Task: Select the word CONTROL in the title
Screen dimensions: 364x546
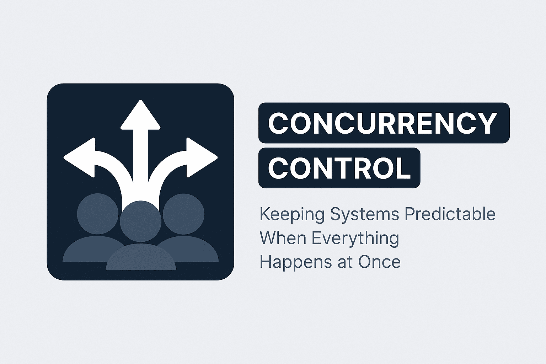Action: point(339,168)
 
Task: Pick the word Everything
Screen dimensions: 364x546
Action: point(355,239)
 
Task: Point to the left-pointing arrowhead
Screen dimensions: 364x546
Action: point(80,157)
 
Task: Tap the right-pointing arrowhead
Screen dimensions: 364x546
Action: point(202,157)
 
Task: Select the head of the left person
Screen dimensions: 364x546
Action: point(98,214)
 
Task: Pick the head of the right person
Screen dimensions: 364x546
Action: point(184,214)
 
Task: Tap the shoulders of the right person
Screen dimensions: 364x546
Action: point(194,251)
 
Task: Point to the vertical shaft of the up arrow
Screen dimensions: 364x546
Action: point(141,156)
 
